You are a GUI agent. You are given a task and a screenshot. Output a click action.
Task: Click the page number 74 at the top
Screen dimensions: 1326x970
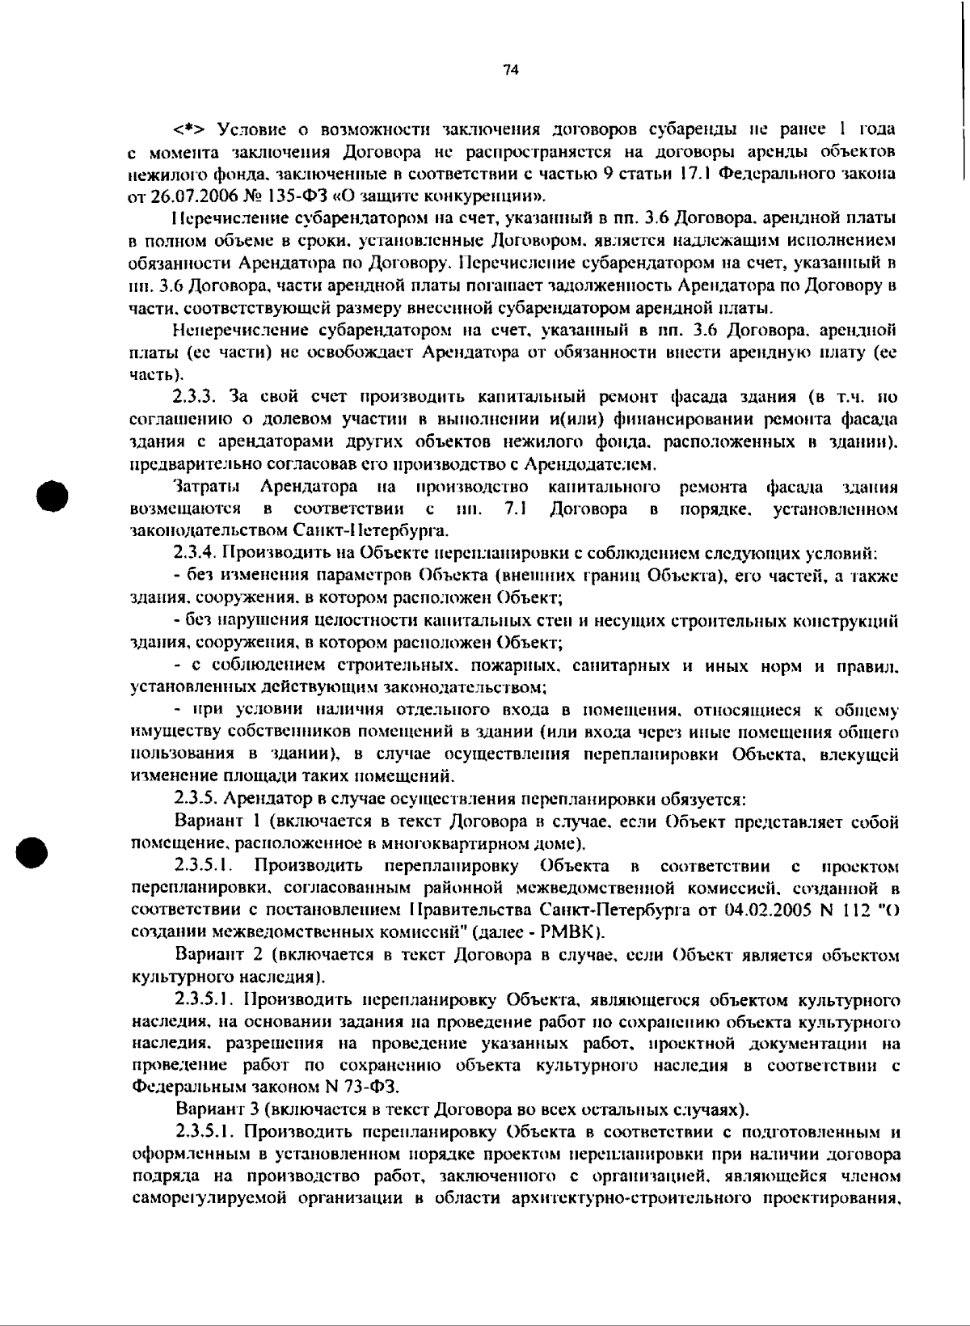coord(509,70)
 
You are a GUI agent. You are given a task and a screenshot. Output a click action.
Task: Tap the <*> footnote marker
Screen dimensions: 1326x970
coord(190,129)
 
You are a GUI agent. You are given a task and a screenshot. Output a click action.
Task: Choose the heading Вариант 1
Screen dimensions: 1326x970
coord(217,821)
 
